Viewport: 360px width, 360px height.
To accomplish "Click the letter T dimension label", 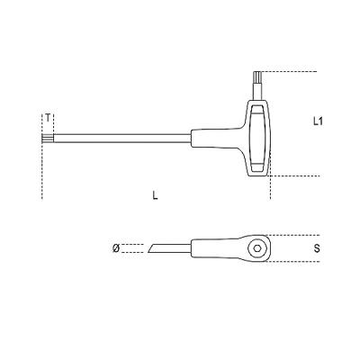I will click(47, 118).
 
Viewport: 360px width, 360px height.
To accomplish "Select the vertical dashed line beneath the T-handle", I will click(270, 186).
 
